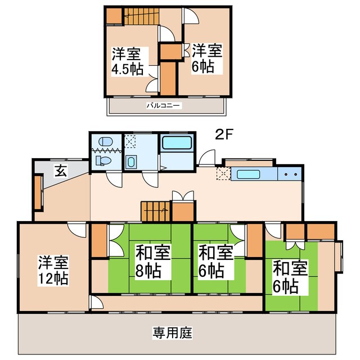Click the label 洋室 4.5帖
coord(127,62)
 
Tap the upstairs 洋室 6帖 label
coord(207,58)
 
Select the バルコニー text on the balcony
coord(164,105)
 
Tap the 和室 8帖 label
coord(152,262)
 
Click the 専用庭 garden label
coord(172,333)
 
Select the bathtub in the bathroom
coord(177,142)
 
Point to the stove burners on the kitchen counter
coord(291,174)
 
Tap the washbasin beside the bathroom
coord(131,162)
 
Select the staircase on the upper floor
coord(141,16)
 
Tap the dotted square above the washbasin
coord(130,142)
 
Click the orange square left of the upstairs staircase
coord(115,15)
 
